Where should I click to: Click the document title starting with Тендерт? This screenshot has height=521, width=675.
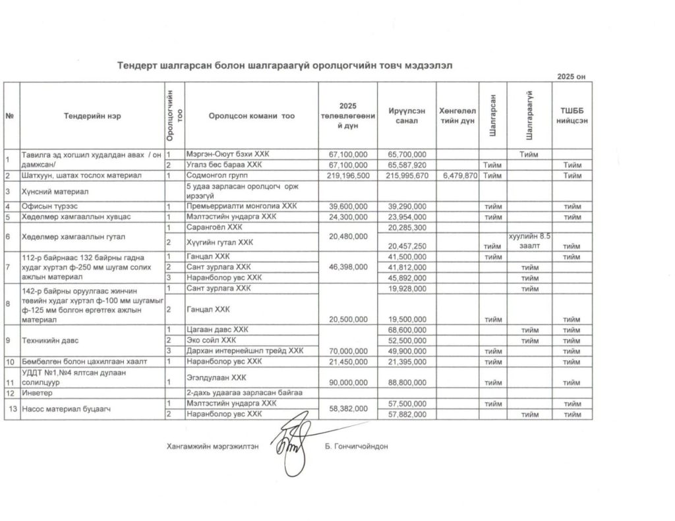(285, 65)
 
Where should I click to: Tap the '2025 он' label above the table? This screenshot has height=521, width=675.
(571, 77)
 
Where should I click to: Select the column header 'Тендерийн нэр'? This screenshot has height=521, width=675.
(92, 116)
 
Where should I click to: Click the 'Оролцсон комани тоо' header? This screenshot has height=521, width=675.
(251, 116)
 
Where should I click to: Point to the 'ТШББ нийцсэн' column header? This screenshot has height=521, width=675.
(571, 116)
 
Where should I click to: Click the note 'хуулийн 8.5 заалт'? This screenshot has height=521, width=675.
(529, 240)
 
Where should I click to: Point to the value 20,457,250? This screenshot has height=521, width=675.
(407, 246)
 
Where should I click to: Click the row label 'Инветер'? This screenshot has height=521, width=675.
(38, 393)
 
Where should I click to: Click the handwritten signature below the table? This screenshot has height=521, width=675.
(294, 442)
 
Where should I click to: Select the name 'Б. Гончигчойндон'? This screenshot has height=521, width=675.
(357, 446)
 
